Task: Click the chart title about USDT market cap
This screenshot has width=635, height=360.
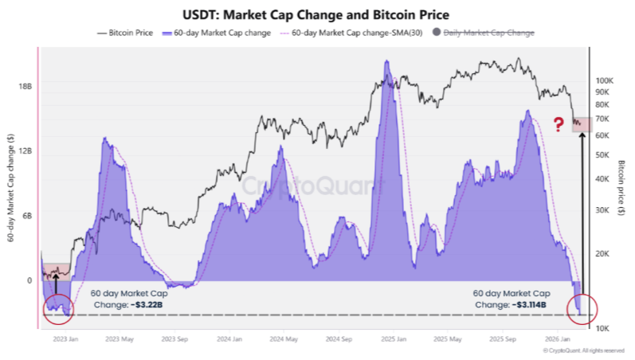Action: pos(317,14)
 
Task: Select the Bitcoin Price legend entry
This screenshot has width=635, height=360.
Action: pos(126,33)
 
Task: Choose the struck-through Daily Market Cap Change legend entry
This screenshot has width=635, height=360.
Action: pos(488,33)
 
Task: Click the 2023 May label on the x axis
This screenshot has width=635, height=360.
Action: pos(118,338)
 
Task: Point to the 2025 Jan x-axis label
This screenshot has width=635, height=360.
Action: pos(390,338)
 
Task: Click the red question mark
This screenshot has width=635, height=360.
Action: pos(559,124)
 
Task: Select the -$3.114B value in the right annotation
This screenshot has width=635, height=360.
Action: pos(528,304)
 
